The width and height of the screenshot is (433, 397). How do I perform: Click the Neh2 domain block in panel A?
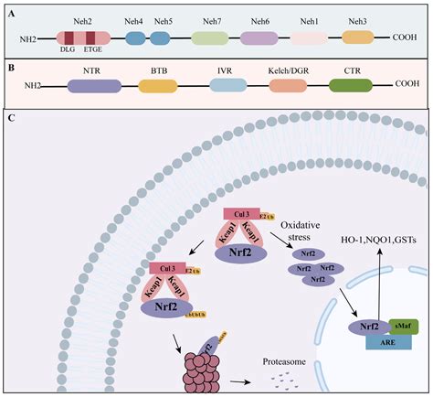coord(84,38)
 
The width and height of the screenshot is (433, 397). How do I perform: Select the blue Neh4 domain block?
coord(135,38)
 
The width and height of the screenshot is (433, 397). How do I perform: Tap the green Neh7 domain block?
coord(209,38)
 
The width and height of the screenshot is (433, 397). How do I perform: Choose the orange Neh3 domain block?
coord(358,38)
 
